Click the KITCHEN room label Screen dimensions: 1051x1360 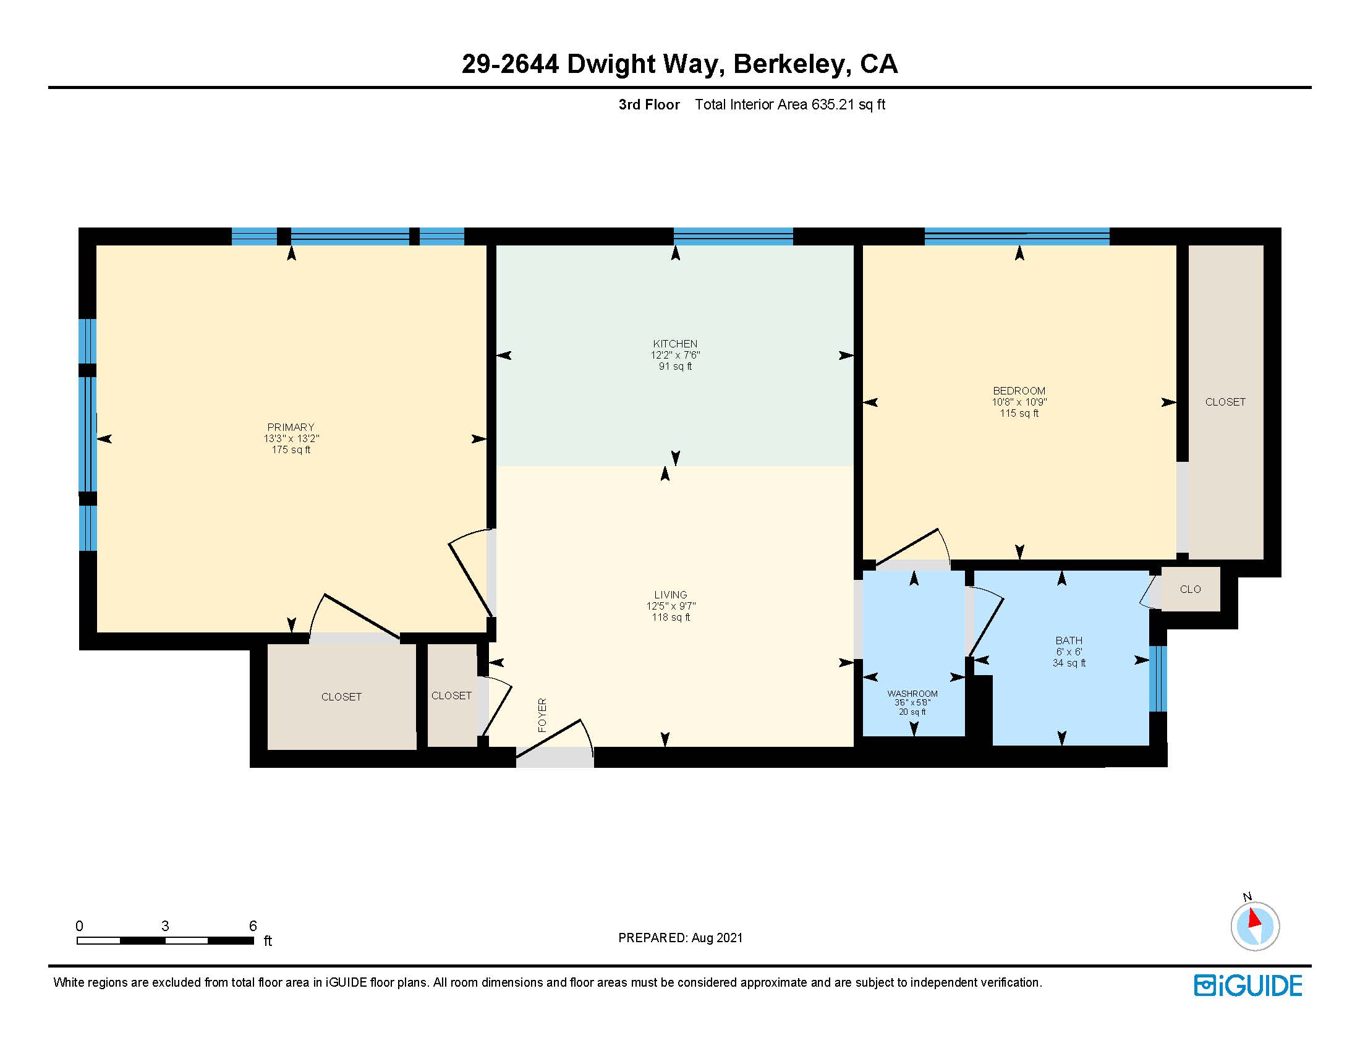click(x=675, y=344)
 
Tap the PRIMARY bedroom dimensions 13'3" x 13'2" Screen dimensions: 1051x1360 click(x=291, y=438)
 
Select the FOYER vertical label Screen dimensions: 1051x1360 click(x=542, y=715)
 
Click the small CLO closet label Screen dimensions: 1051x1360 click(x=1190, y=589)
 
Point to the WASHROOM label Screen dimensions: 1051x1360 click(x=912, y=694)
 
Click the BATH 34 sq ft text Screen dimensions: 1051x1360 click(x=1069, y=663)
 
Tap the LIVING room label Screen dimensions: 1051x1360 click(x=671, y=595)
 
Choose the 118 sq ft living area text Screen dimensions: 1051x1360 click(x=671, y=617)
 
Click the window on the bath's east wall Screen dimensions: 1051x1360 click(x=1157, y=679)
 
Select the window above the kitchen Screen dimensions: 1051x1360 click(x=733, y=236)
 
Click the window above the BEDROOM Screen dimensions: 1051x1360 click(x=1016, y=236)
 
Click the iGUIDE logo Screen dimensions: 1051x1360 click(x=1248, y=985)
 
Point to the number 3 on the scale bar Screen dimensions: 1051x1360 click(x=165, y=926)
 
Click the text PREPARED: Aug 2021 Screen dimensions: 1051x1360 click(x=680, y=938)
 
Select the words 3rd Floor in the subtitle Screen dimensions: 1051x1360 click(x=649, y=104)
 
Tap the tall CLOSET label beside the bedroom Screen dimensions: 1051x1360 click(x=1225, y=402)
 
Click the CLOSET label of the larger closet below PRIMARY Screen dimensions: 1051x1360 click(x=341, y=697)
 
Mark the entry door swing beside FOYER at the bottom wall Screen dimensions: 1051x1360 click(x=555, y=741)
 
